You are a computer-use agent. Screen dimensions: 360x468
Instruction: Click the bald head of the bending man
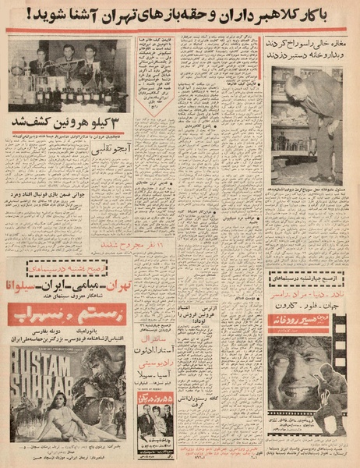(292, 83)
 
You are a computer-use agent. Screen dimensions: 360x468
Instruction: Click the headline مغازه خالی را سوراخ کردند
(308, 44)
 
